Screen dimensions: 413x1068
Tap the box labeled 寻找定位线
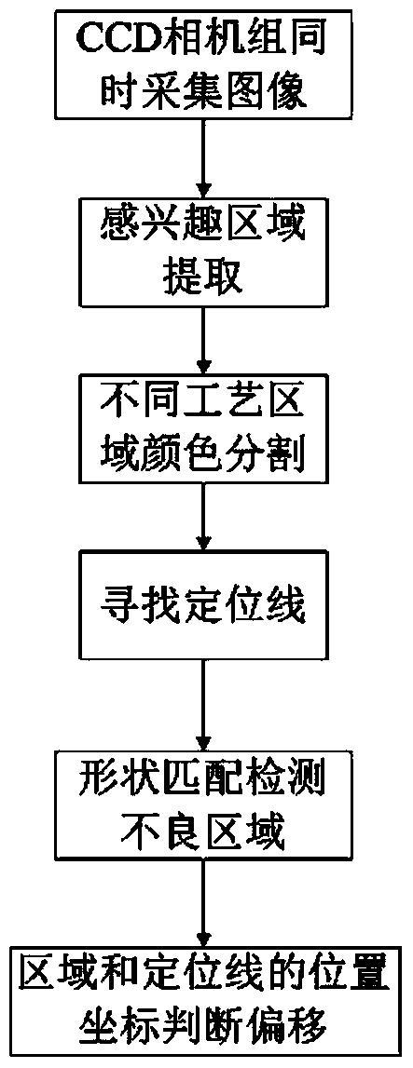pyautogui.click(x=202, y=601)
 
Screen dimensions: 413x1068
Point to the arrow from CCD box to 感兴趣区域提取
pyautogui.click(x=202, y=148)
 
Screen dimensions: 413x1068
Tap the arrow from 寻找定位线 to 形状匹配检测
pyautogui.click(x=202, y=701)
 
